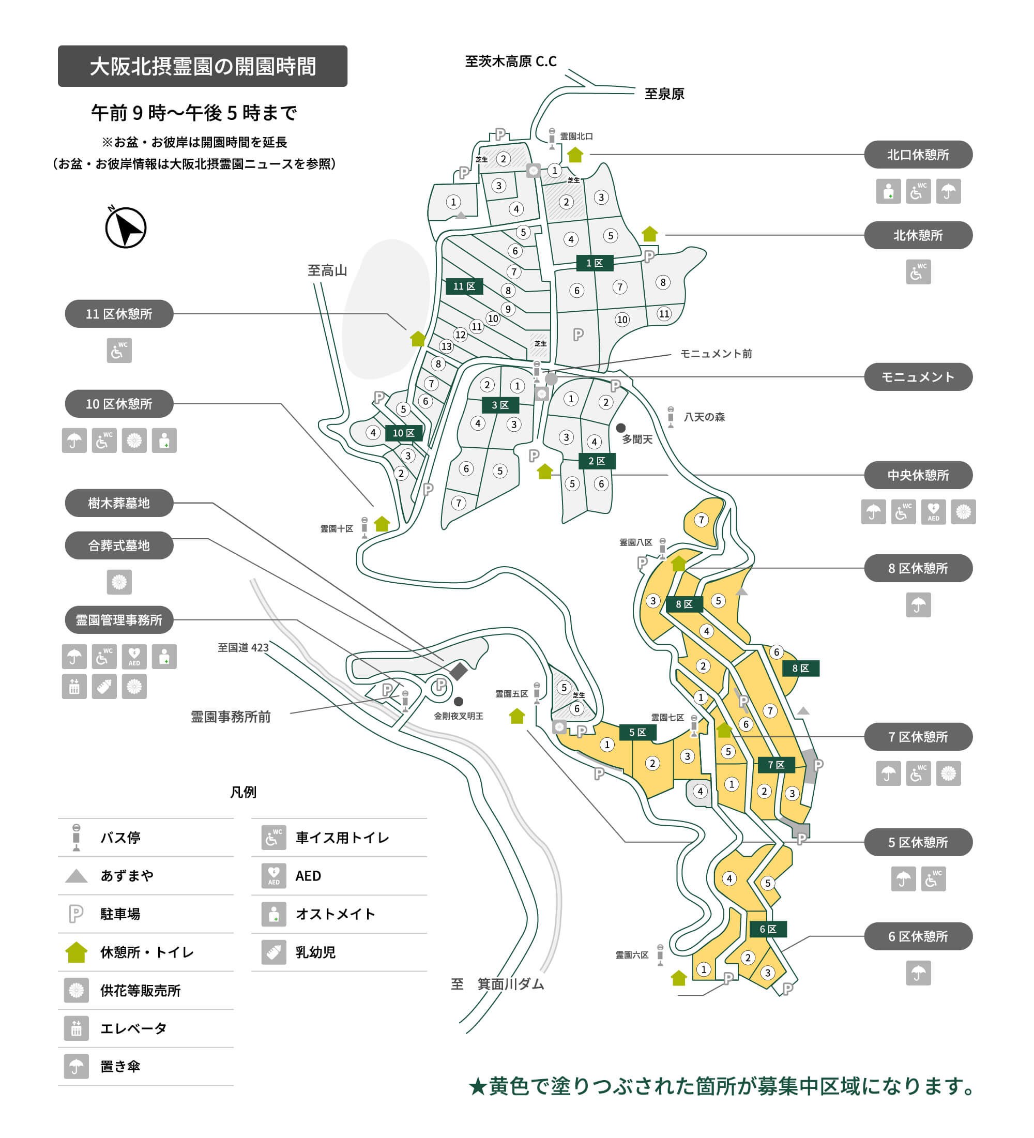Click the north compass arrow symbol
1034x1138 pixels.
126,228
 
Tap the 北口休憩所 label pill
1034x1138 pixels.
918,155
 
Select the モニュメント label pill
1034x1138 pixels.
918,377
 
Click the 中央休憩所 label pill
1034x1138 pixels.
918,475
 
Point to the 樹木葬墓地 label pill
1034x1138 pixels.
119,503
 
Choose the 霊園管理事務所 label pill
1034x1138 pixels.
119,620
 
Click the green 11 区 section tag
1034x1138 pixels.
464,287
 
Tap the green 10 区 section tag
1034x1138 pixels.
404,433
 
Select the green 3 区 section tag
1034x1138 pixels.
500,405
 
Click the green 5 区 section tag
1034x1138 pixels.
637,732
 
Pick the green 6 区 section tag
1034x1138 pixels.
768,929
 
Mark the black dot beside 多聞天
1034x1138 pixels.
621,428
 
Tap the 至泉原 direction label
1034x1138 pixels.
664,94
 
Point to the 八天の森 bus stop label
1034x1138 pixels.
704,417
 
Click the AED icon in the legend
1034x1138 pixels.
273,875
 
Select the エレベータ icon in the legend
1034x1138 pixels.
76,1028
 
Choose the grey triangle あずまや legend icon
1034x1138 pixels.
76,876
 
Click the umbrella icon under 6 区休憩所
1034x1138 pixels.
918,973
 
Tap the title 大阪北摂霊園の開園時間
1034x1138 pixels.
203,66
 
